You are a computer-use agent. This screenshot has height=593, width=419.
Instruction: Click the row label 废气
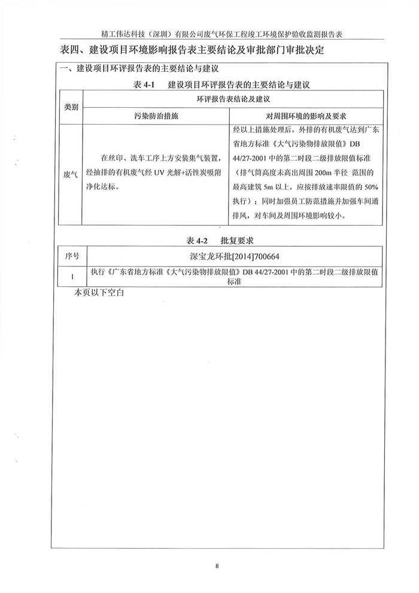(71, 174)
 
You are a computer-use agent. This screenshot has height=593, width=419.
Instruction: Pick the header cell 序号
(72, 256)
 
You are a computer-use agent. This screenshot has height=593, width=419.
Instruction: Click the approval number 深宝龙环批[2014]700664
(233, 256)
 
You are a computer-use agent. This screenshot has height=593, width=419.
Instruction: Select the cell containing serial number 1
(72, 276)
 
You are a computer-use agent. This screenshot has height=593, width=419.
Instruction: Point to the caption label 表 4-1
(145, 85)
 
